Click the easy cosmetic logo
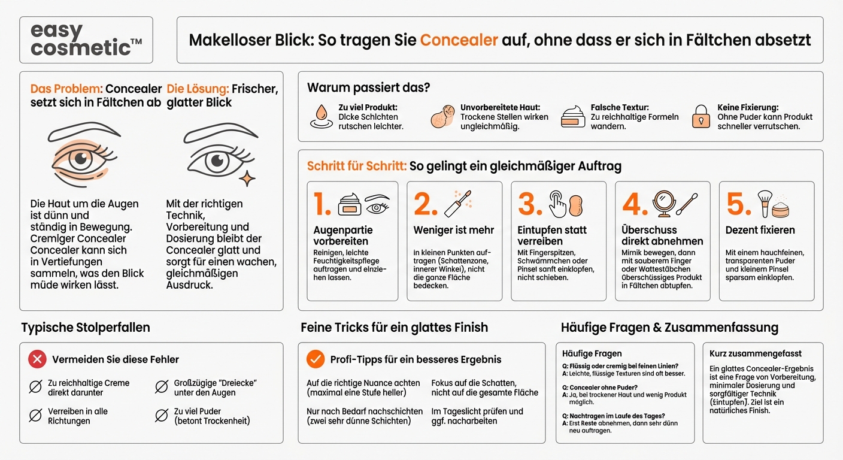tap(86, 40)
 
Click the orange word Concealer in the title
tap(459, 40)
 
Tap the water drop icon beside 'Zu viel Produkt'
tap(321, 116)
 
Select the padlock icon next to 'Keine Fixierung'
tap(701, 116)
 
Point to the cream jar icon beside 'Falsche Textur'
tap(573, 116)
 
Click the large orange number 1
tap(322, 205)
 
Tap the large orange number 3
tap(529, 205)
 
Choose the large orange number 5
tap(738, 205)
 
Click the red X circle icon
tap(37, 359)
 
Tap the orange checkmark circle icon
tap(315, 359)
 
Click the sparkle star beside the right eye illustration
tap(247, 178)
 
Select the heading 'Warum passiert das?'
tap(368, 87)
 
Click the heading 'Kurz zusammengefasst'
tap(755, 353)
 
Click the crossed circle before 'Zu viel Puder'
tap(161, 415)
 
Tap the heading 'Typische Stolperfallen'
tap(86, 328)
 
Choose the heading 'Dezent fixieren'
tap(760, 230)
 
